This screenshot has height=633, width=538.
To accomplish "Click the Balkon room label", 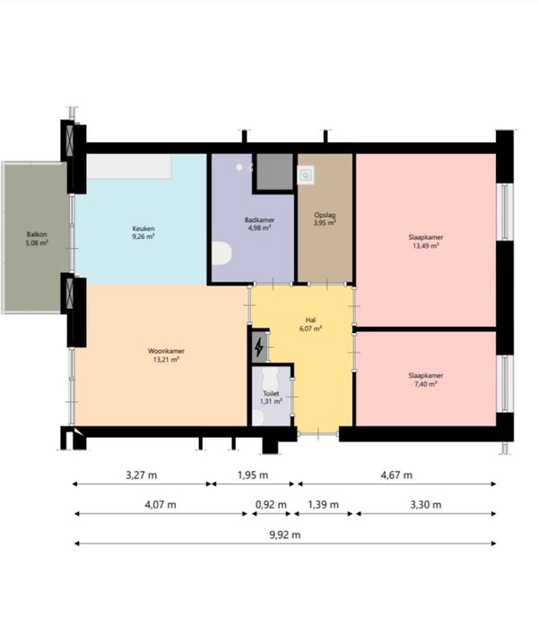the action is (x=37, y=238).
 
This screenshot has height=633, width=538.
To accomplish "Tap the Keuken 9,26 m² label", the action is (x=143, y=233).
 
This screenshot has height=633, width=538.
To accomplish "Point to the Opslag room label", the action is (x=325, y=218).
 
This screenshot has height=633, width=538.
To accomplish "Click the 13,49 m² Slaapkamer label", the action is (x=426, y=242).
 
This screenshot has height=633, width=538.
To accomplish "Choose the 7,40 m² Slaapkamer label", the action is (x=426, y=380).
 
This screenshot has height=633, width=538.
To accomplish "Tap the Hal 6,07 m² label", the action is (x=310, y=325).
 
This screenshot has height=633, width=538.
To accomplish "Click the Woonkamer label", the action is (x=166, y=355).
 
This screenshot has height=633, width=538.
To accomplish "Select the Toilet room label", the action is (x=271, y=398).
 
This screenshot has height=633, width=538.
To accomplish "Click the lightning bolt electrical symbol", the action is (x=259, y=346).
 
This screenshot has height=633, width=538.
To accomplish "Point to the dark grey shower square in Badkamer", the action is (x=275, y=171).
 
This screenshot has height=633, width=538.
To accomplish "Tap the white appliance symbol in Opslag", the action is (x=306, y=175).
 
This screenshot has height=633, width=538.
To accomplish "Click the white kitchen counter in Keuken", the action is (x=129, y=167).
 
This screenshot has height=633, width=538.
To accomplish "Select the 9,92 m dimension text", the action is (x=285, y=535).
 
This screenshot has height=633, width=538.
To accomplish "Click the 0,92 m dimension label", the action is (x=271, y=505).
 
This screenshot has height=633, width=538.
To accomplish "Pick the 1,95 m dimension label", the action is (x=253, y=475).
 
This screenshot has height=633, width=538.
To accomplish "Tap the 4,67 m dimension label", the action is (x=396, y=475).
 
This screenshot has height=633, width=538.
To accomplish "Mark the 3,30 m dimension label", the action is (x=426, y=505).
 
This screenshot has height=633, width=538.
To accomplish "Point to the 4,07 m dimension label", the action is (x=161, y=505).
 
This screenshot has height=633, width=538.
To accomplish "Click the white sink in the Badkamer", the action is (x=221, y=253).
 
